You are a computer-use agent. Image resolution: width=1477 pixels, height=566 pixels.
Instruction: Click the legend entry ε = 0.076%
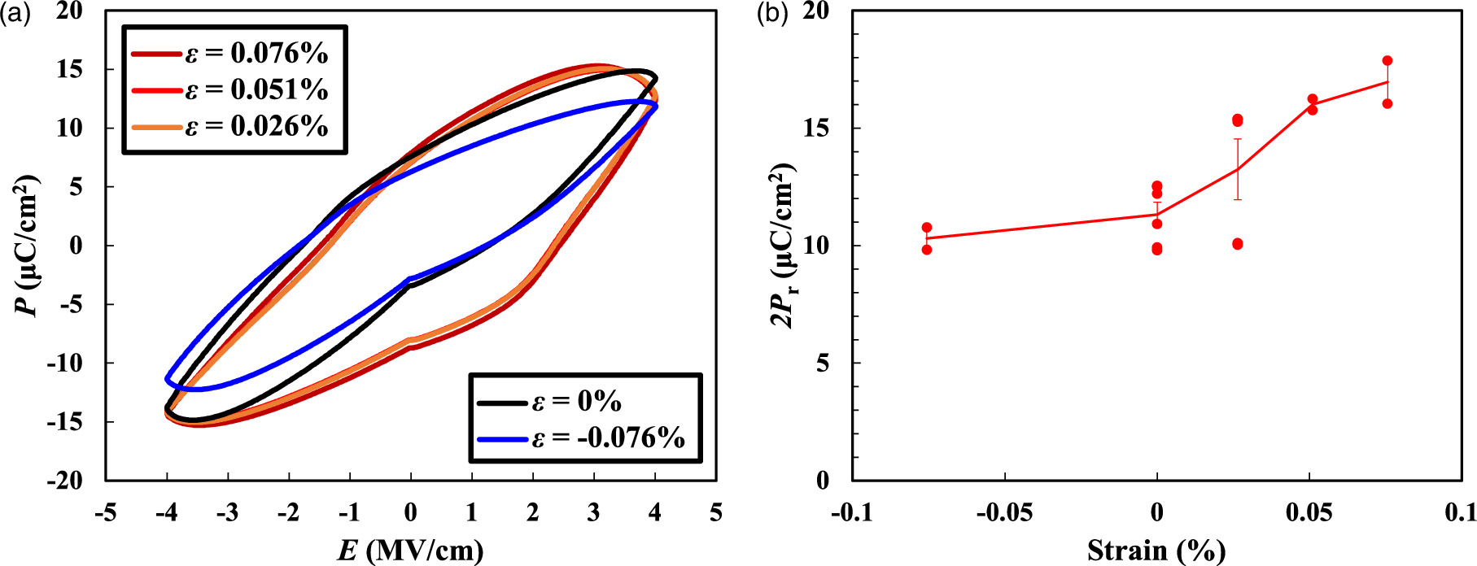[x=231, y=54]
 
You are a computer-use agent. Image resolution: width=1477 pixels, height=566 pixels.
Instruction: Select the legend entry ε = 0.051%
[x=231, y=90]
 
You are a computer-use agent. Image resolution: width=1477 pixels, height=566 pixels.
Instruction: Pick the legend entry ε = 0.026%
[x=231, y=127]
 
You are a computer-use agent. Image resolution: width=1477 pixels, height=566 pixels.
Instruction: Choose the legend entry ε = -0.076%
[x=582, y=438]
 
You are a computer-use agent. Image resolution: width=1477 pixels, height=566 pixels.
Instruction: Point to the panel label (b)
[x=772, y=14]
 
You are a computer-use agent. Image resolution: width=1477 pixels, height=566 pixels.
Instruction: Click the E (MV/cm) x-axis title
[x=410, y=551]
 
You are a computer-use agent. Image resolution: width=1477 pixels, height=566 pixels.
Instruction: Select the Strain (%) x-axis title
[x=1156, y=551]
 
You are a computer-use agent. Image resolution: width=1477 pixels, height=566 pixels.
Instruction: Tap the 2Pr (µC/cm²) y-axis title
[x=784, y=245]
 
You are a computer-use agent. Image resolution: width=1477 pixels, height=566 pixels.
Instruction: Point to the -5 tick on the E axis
[x=105, y=513]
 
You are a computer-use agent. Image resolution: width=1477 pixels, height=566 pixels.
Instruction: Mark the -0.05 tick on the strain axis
[x=1004, y=513]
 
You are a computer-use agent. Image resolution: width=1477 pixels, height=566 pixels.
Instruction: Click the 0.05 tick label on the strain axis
[x=1309, y=513]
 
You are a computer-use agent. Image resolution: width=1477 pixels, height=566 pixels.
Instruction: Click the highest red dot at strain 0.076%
[x=1387, y=61]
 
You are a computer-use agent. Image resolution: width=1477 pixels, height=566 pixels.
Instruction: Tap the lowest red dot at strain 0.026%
[x=1238, y=244]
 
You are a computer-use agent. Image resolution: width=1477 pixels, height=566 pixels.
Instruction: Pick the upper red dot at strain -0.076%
[x=927, y=228]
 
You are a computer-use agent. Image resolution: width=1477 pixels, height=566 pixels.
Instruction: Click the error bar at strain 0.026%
[x=1238, y=169]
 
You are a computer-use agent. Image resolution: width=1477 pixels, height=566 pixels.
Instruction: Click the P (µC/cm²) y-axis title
[x=28, y=245]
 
